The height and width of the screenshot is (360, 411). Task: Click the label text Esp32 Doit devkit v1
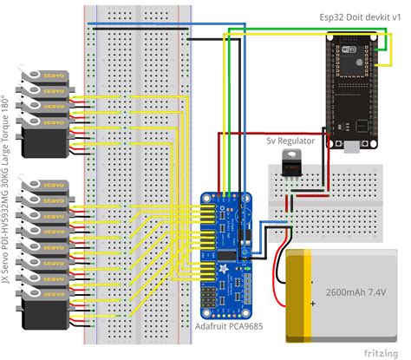pos(354,17)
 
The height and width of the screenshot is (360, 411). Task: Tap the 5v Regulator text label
pos(290,140)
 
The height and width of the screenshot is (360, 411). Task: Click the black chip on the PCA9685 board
pos(228,252)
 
